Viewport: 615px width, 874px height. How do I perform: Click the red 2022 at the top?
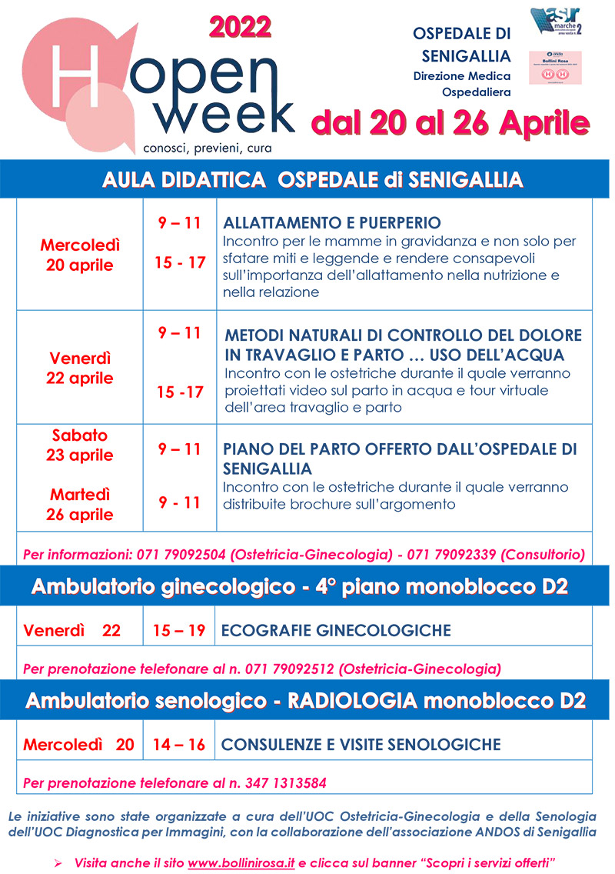[x=241, y=28]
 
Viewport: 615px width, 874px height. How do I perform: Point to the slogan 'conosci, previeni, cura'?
[x=202, y=146]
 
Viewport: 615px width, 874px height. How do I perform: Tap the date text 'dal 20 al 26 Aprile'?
[x=450, y=122]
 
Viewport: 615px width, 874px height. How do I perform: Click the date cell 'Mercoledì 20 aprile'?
[x=79, y=255]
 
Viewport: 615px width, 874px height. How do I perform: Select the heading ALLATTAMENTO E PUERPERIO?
[x=332, y=223]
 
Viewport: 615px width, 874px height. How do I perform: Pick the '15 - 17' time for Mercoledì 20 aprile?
[x=180, y=262]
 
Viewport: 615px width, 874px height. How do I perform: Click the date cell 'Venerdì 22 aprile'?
[x=81, y=368]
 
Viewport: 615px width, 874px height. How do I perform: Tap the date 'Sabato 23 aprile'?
[x=80, y=445]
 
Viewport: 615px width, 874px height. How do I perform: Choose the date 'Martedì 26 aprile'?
[x=80, y=504]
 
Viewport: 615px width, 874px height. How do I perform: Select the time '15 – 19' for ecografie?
[x=179, y=631]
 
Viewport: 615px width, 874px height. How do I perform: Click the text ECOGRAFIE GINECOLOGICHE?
[x=336, y=631]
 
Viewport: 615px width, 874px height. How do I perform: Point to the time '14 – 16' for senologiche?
[x=179, y=745]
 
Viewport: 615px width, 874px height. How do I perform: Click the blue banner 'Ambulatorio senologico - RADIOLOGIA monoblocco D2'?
[x=305, y=701]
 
